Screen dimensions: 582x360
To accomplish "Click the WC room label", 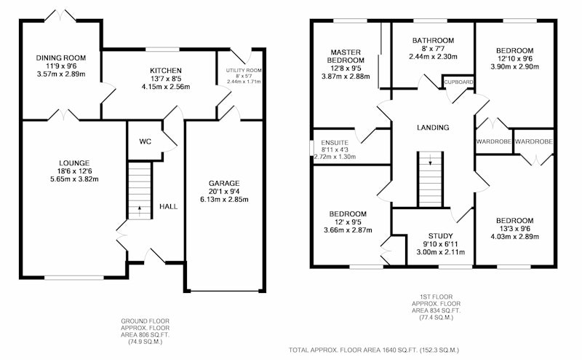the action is pos(145,141).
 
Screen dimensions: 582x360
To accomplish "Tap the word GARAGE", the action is pos(224,183).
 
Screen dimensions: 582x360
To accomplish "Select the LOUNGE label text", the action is pos(74,163).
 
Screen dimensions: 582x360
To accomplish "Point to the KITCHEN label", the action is pos(166,71).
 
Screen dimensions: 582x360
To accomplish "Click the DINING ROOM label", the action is pos(61,58).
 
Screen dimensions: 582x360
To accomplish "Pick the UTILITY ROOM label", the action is pos(244,70).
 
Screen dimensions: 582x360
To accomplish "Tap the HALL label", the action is pos(169,206).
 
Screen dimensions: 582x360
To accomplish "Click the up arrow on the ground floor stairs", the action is pos(140,211).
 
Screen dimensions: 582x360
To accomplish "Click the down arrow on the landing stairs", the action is pos(431,160).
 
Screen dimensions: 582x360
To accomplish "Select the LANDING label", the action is pos(433,128).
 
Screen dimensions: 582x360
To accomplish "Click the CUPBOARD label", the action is pos(459,82).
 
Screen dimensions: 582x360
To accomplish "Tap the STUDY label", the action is pos(441,236).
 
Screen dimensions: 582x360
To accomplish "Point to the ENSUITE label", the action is pos(335,142).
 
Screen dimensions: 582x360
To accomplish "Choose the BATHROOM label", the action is pos(433,41).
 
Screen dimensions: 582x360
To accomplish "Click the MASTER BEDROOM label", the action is pos(346,56).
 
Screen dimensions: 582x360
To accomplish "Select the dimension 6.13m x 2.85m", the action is pos(224,200).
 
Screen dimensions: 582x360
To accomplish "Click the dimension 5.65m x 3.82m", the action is pos(74,179).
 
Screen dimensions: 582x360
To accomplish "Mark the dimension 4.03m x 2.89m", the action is pos(515,237).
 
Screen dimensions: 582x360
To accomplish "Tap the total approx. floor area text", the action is pos(374,350).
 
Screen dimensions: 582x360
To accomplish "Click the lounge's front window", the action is pos(74,277).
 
